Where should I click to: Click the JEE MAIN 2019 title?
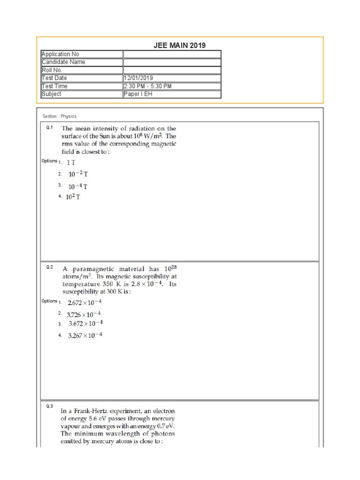(180, 45)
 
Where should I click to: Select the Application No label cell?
(82, 54)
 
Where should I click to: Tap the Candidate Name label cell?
(82, 62)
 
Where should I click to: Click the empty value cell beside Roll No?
(172, 70)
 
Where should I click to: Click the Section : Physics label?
(60, 116)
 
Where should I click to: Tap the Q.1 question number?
(50, 127)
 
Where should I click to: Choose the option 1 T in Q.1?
(71, 162)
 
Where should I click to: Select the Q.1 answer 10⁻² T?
(78, 174)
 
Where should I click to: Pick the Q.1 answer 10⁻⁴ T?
(78, 186)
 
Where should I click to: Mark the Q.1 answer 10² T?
(73, 197)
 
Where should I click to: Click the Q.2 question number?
(50, 267)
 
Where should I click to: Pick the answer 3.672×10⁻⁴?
(86, 324)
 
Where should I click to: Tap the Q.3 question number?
(50, 406)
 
